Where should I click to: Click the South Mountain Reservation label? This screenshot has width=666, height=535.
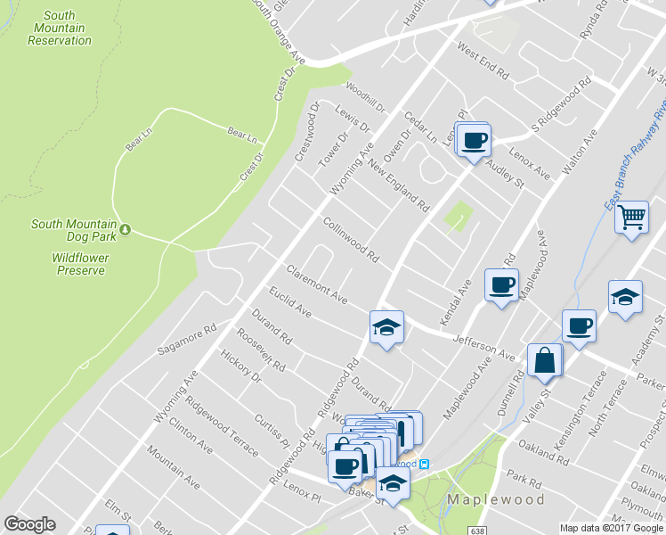tap(60, 28)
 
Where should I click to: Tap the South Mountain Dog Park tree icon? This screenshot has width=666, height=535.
tap(126, 230)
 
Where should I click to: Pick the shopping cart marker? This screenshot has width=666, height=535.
tap(631, 216)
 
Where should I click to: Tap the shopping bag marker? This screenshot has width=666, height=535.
tap(544, 361)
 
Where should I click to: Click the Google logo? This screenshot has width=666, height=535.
tap(29, 524)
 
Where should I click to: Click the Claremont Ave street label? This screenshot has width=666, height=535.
tap(316, 284)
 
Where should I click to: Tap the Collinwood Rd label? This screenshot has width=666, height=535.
tap(351, 240)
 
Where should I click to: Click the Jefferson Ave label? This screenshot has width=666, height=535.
tap(484, 348)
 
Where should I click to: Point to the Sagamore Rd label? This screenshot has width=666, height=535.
tap(187, 340)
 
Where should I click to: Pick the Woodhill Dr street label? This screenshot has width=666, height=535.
tap(365, 98)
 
